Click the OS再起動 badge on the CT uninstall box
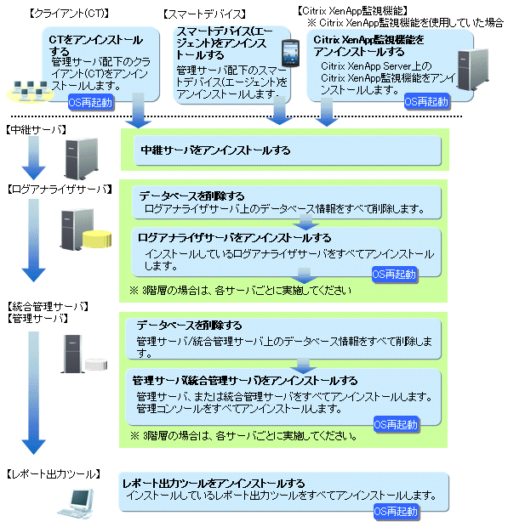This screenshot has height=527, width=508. click(x=90, y=102)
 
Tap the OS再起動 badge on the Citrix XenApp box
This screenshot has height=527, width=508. click(x=426, y=101)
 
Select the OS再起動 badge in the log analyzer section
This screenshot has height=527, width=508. click(x=394, y=275)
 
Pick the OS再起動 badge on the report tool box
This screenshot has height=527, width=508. click(x=396, y=512)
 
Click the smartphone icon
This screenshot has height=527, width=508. click(x=290, y=53)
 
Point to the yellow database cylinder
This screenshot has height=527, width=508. click(x=97, y=239)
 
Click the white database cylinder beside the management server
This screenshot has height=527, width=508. click(x=96, y=365)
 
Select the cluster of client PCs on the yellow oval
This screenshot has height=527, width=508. click(x=31, y=92)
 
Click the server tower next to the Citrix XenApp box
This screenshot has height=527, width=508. click(x=472, y=70)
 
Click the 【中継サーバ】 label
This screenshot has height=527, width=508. click(x=37, y=130)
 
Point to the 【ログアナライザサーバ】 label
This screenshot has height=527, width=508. click(x=60, y=190)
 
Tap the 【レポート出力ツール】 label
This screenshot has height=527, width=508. click(x=54, y=474)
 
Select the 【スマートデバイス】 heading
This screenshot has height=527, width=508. click(x=204, y=14)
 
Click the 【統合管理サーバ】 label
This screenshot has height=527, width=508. click(x=48, y=306)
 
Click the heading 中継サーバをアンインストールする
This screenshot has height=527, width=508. click(x=215, y=150)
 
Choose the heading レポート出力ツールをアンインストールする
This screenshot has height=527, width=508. click(x=214, y=484)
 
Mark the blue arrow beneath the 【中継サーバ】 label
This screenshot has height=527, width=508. click(x=34, y=158)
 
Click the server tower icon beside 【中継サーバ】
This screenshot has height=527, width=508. click(x=82, y=158)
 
